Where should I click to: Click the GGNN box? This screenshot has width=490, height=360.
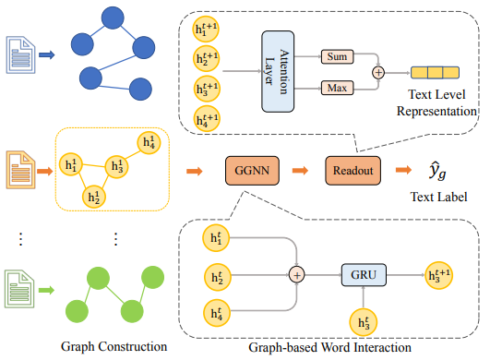coord(252,171)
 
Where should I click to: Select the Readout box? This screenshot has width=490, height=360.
coord(353,171)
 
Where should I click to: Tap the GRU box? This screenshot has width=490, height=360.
coord(365,274)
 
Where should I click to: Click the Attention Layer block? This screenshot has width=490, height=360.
coord(282,71)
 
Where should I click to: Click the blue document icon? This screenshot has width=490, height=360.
coord(19,54)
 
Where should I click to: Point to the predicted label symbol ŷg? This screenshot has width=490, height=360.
coord(437,171)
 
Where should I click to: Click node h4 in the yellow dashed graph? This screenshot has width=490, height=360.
coord(149,142)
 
